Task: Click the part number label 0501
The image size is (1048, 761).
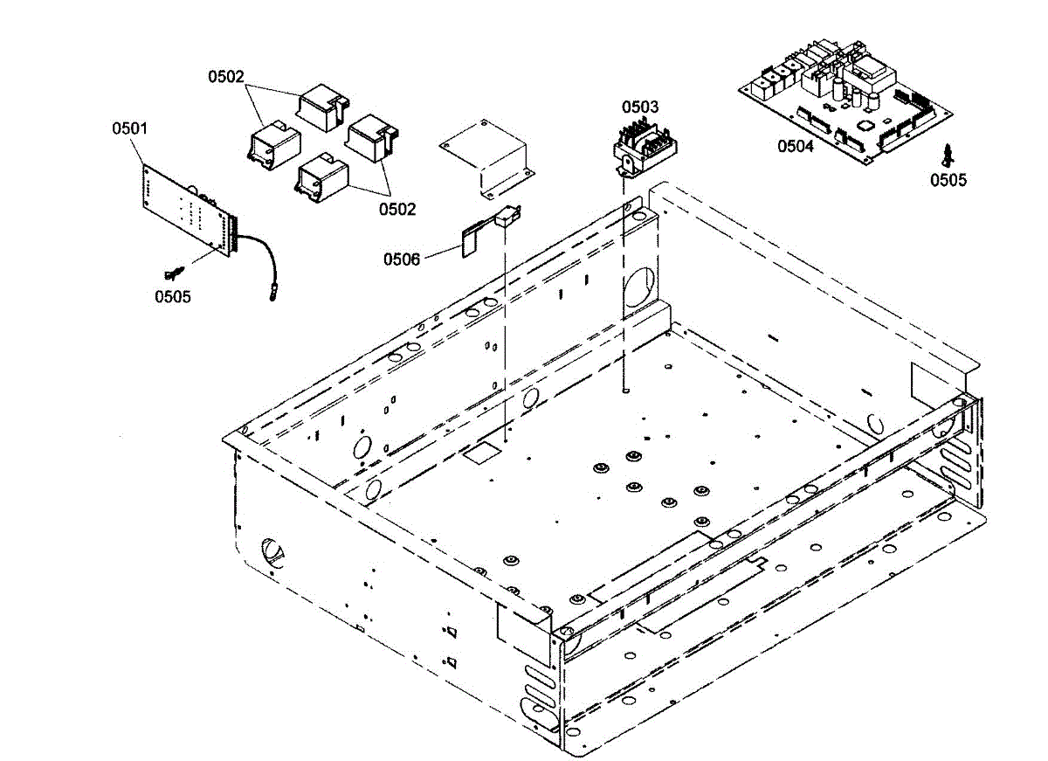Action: point(130,128)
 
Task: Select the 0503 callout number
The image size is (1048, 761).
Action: point(640,107)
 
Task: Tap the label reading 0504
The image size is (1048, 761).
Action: point(796,146)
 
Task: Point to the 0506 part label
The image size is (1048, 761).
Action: point(402,259)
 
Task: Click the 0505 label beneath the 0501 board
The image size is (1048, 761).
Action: point(173,296)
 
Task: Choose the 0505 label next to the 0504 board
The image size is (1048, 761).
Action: point(948,181)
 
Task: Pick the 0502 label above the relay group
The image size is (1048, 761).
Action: point(226,77)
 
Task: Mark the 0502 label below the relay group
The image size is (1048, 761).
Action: point(397,209)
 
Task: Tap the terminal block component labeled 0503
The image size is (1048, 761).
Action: point(645,148)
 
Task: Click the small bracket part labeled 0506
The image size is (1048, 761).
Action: point(489,229)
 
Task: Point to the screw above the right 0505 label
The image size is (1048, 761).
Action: point(947,155)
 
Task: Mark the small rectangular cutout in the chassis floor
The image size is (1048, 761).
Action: point(479,453)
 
